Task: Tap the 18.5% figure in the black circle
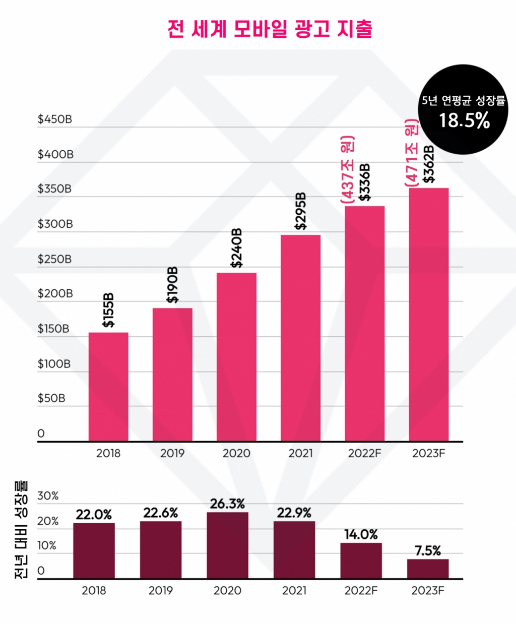tap(464, 120)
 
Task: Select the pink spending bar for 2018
tap(108, 387)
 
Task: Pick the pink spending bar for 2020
tap(236, 357)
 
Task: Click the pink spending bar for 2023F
tap(428, 315)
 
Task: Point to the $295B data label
tap(301, 211)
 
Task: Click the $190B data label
tap(173, 285)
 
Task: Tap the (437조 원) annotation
tap(348, 169)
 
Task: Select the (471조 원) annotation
tap(412, 153)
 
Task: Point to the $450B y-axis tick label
tap(55, 119)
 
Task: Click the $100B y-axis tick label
tap(54, 363)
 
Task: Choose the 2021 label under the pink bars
tap(300, 453)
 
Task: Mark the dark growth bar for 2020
tap(227, 545)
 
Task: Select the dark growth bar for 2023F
tap(428, 569)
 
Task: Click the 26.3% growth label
tap(227, 504)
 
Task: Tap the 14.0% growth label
tap(361, 534)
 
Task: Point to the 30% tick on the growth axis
tap(48, 496)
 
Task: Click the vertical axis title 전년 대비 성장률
tap(21, 529)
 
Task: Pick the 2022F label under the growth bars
tap(361, 590)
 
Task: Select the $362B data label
tap(429, 164)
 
